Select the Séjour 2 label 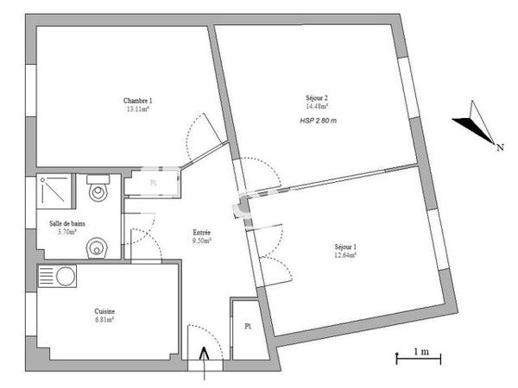tap(317, 97)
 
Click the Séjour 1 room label tap(345, 247)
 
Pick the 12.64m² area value tap(345, 255)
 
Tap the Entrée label tap(202, 232)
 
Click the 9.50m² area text tap(202, 241)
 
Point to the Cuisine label tap(105, 311)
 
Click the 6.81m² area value tap(105, 320)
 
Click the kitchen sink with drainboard tap(57, 278)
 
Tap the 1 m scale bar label tap(421, 350)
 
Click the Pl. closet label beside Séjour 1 tap(247, 326)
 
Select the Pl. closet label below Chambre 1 tap(154, 184)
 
